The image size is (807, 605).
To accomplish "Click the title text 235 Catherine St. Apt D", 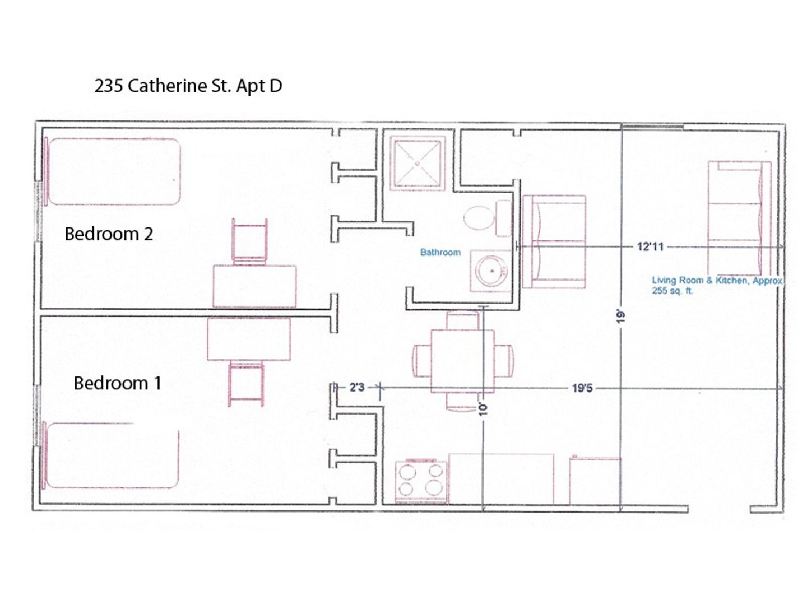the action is click(188, 86).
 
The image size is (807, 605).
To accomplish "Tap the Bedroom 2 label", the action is click(109, 234).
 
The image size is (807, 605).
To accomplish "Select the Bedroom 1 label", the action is click(118, 383).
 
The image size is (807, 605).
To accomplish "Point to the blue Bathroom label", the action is click(440, 252).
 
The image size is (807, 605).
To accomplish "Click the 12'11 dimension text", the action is click(650, 246).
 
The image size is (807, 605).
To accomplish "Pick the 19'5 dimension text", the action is click(582, 388).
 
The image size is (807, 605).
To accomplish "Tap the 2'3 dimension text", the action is click(356, 387).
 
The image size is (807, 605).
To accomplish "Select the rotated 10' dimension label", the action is click(483, 409).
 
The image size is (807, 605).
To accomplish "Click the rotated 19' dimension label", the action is click(620, 317).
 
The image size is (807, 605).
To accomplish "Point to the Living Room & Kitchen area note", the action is click(717, 286).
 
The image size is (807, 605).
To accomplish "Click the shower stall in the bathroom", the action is click(418, 163).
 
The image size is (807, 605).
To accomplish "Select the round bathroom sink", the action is click(492, 271).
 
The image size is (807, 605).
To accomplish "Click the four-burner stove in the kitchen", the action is click(421, 481).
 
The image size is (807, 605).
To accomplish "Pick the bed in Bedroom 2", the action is click(113, 171).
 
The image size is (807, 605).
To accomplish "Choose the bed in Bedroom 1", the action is click(110, 456).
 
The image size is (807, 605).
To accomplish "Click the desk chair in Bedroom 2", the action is click(249, 241).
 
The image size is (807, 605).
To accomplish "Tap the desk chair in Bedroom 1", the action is click(246, 383).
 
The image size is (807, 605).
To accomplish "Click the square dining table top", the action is click(462, 361).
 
